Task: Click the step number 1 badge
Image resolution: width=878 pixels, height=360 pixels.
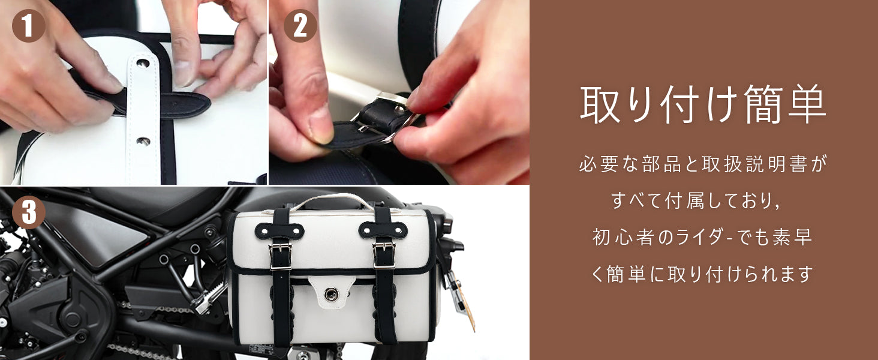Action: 29,25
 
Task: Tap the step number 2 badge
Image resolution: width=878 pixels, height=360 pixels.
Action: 300,25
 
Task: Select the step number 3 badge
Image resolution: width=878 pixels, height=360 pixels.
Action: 29,212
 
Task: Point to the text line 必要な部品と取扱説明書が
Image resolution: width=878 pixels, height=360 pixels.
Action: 703,164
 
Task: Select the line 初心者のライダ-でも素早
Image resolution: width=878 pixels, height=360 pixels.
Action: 702,237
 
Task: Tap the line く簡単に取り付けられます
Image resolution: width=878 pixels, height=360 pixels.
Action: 702,274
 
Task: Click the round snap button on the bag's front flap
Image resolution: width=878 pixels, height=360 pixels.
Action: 331,293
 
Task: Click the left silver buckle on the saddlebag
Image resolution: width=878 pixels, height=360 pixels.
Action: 280,256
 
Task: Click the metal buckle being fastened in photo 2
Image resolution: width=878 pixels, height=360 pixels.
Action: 386,118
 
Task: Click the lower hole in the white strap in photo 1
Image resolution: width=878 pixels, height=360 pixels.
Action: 143,141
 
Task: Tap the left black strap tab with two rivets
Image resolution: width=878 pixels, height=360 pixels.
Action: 279,231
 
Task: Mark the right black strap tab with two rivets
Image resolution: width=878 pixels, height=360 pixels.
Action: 383,230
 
